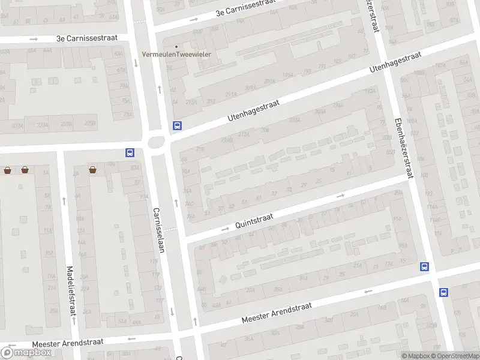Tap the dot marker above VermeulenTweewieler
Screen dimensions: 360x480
click(176, 46)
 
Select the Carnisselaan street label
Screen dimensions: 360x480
click(158, 230)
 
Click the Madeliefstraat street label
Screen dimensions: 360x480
click(71, 291)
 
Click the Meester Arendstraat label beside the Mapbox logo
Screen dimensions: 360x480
click(68, 342)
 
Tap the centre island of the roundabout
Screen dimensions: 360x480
click(157, 142)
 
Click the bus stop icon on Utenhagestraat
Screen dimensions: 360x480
click(177, 126)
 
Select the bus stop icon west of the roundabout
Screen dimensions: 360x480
click(130, 153)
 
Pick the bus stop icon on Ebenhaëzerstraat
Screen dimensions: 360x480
click(425, 267)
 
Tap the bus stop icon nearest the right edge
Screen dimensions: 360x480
click(443, 292)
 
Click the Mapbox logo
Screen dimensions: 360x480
click(26, 352)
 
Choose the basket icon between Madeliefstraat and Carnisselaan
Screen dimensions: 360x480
click(93, 170)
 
